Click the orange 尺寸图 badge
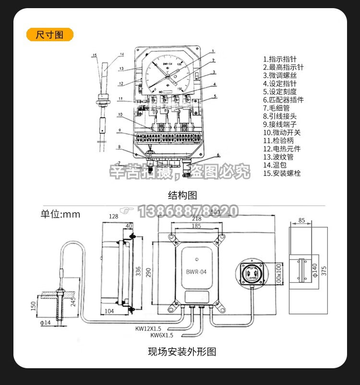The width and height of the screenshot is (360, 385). pyautogui.click(x=50, y=35)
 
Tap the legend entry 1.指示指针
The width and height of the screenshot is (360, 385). pyautogui.click(x=280, y=59)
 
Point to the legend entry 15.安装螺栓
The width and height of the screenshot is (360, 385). pyautogui.click(x=282, y=173)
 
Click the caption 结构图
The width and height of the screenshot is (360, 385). pyautogui.click(x=182, y=195)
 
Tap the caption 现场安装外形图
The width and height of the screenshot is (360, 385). pyautogui.click(x=182, y=352)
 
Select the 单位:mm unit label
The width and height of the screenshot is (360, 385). pyautogui.click(x=60, y=214)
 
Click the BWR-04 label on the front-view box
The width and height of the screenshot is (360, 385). pyautogui.click(x=196, y=272)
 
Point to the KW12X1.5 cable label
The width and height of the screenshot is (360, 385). pyautogui.click(x=148, y=329)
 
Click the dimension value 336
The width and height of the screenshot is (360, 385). pyautogui.click(x=138, y=272)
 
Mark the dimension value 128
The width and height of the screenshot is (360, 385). pyautogui.click(x=113, y=217)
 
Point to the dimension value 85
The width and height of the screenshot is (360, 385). pyautogui.click(x=301, y=221)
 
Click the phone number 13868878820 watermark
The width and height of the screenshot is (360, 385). pyautogui.click(x=188, y=211)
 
